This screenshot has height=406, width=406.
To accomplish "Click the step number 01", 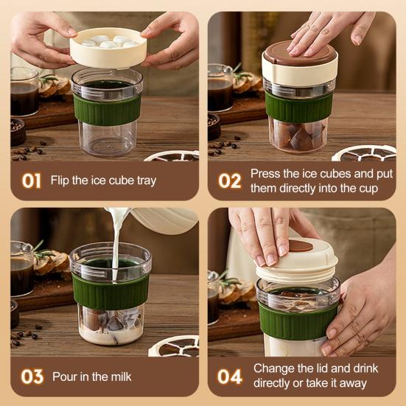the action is (32, 181).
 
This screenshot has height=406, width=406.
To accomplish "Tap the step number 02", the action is (229, 181).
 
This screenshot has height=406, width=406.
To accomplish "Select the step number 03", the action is (32, 377).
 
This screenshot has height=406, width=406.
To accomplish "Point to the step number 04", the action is (230, 377).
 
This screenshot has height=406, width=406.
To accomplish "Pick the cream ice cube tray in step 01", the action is (108, 49).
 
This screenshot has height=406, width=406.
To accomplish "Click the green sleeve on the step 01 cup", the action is (107, 109).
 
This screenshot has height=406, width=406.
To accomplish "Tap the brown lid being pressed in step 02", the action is (300, 53).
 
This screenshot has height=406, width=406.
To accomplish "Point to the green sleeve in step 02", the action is (299, 107).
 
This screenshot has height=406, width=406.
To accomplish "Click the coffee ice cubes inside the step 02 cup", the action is (298, 136).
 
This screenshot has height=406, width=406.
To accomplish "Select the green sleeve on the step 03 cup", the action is (111, 291).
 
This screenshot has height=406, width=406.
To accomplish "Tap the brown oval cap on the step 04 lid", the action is (301, 245).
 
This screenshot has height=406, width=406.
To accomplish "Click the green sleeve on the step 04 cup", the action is (298, 321).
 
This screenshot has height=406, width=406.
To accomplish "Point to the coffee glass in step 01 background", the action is (24, 91).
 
